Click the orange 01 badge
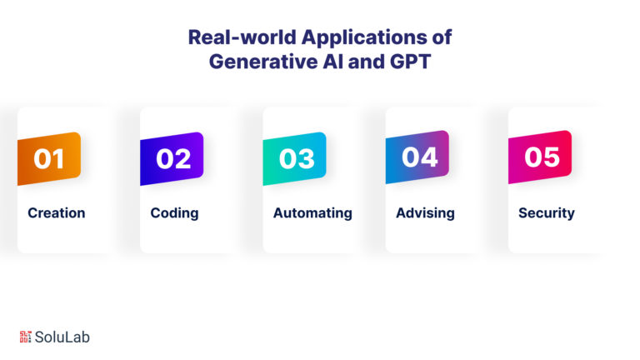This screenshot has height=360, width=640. pyautogui.click(x=49, y=158)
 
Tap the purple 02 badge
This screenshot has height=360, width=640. pyautogui.click(x=172, y=158)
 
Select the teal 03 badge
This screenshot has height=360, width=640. pyautogui.click(x=295, y=158)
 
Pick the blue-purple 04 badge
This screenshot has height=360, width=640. pyautogui.click(x=417, y=157)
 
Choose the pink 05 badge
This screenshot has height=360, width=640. pyautogui.click(x=540, y=157)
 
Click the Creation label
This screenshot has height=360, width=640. pyautogui.click(x=57, y=213)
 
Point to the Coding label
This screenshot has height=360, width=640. pyautogui.click(x=174, y=213)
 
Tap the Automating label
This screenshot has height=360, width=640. pyautogui.click(x=312, y=213)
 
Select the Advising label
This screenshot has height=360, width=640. pyautogui.click(x=425, y=213)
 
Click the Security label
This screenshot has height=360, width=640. pyautogui.click(x=547, y=213)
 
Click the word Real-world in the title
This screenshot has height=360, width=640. pyautogui.click(x=242, y=37)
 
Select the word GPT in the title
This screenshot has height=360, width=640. pyautogui.click(x=410, y=62)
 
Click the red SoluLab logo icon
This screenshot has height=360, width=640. pyautogui.click(x=25, y=337)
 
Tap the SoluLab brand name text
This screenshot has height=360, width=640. pyautogui.click(x=62, y=337)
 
